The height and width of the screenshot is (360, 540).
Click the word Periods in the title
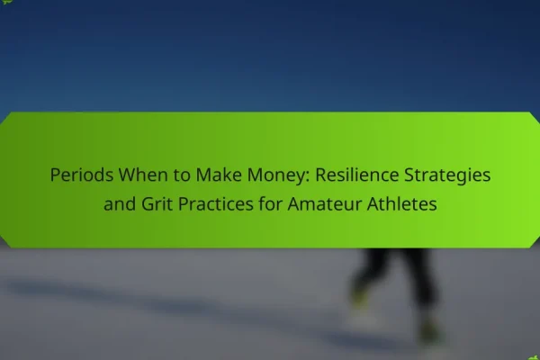click(82, 175)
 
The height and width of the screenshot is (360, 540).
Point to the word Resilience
click(356, 175)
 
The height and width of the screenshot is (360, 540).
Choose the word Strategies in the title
click(447, 175)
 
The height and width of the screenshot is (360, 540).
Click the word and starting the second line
click(120, 203)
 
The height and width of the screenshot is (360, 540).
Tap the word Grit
click(157, 203)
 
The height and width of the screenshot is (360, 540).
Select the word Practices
click(216, 203)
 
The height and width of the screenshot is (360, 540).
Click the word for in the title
click(271, 203)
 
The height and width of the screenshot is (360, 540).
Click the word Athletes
click(401, 203)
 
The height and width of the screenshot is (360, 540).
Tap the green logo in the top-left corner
click(6, 2)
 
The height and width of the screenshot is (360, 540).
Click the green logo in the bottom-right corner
click(534, 358)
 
